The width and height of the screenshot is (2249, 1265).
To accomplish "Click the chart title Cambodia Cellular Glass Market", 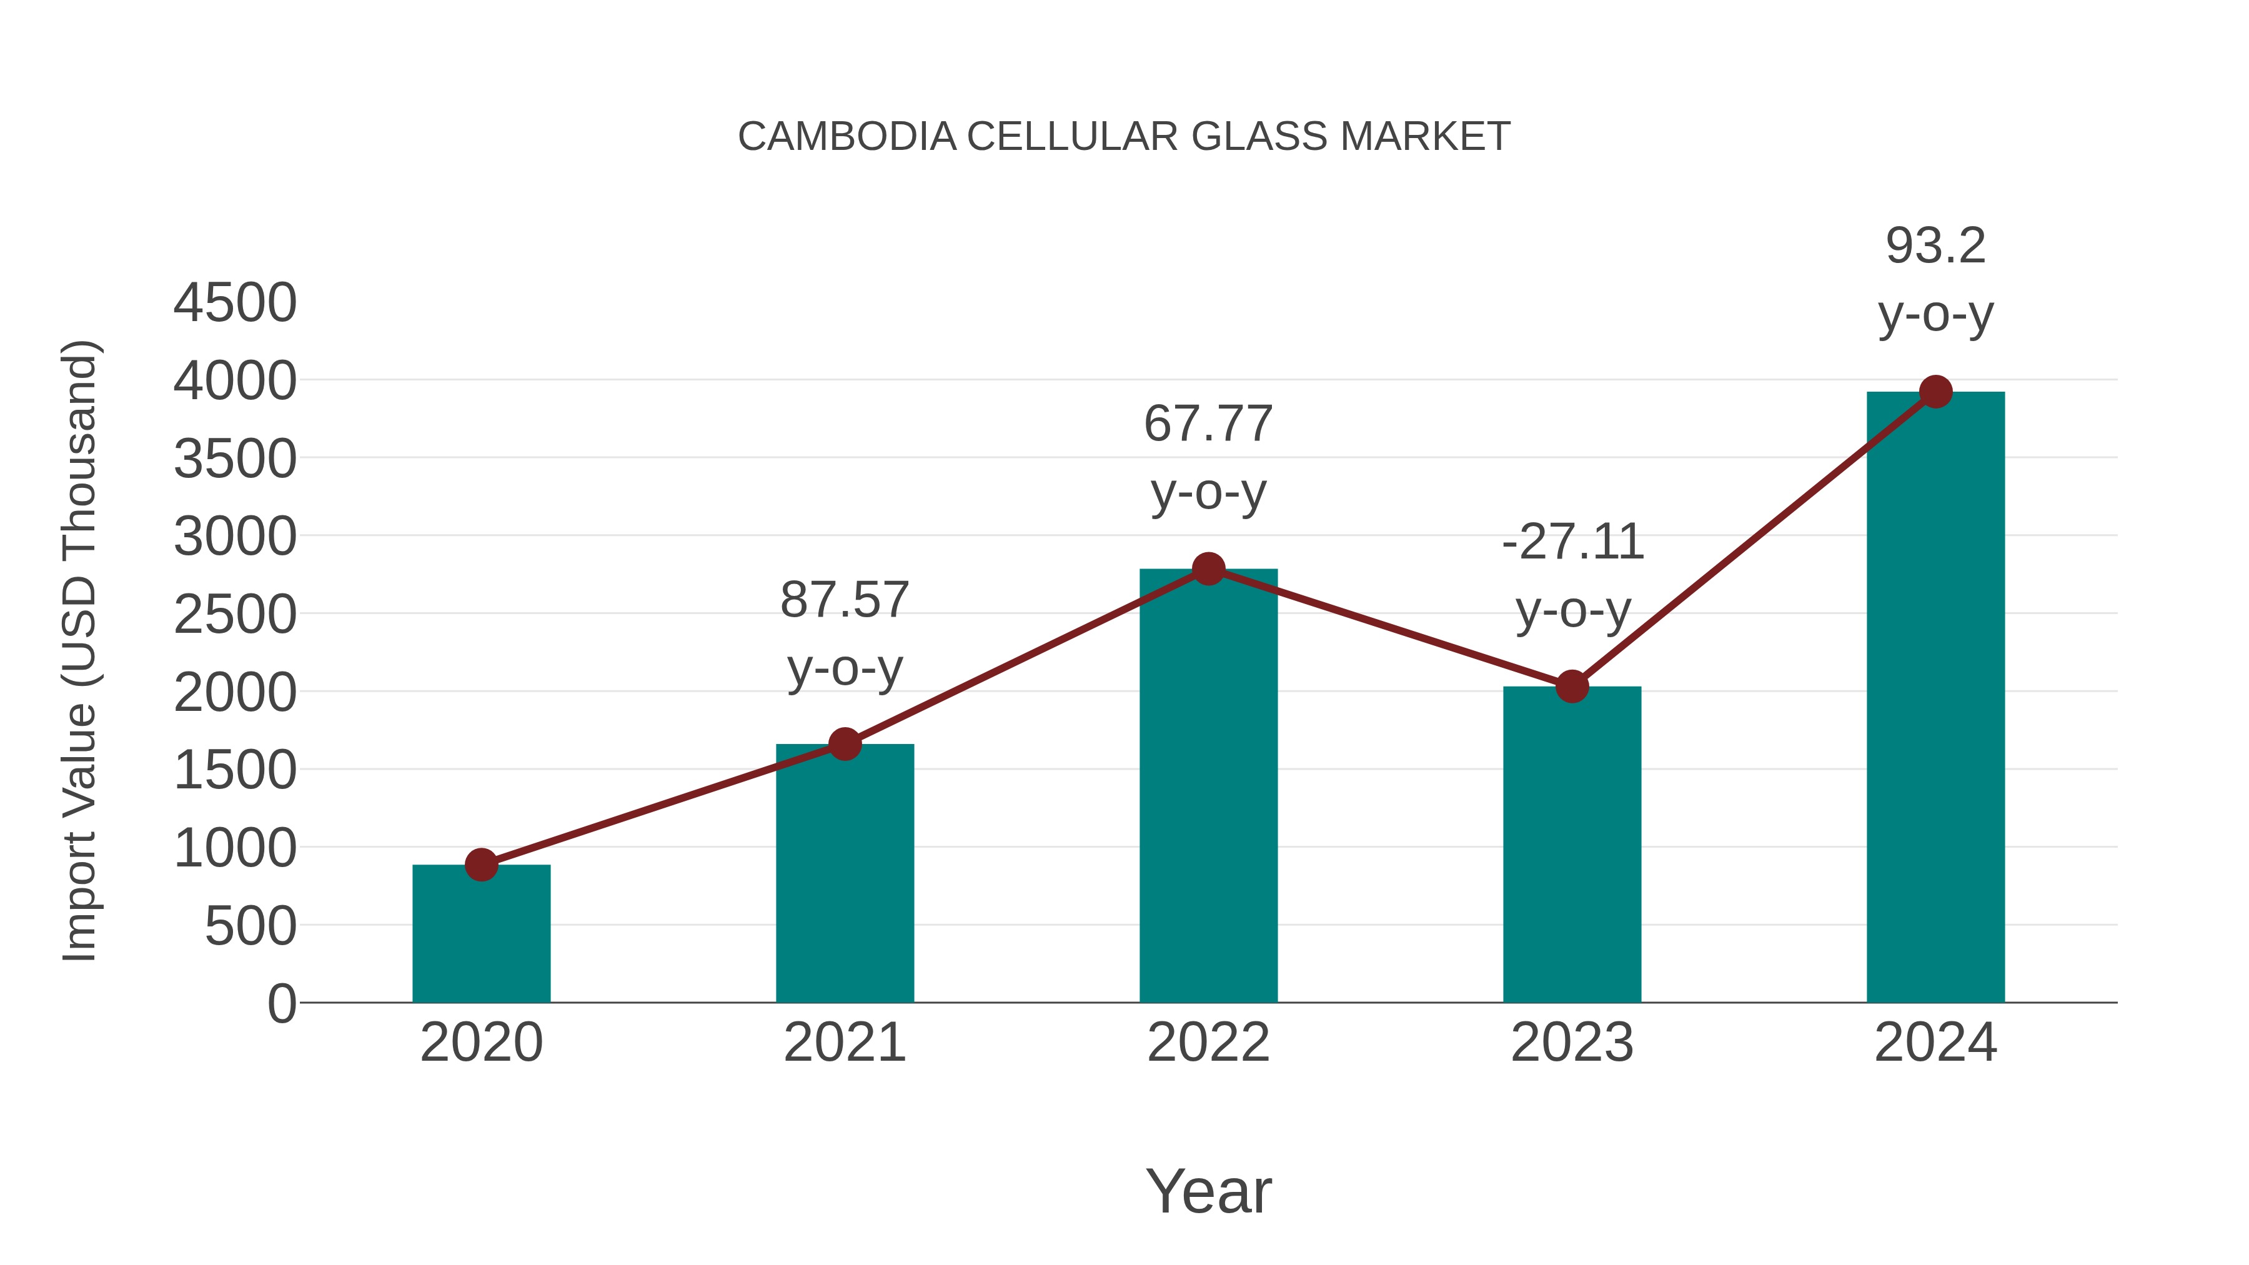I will coord(1124,137).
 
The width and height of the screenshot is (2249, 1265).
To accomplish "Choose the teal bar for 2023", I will coord(1572,847).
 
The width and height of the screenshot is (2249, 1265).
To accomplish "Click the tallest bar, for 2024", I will coord(1935,698).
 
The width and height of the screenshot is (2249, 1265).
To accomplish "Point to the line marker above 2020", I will coord(481,865).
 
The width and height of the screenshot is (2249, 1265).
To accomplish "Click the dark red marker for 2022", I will coord(1208,569).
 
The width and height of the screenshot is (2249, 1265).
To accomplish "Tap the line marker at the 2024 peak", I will coord(1935,392).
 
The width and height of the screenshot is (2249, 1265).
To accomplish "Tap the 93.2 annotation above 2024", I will coord(1935,279).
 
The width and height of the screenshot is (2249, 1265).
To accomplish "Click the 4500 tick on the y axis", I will coord(235,303).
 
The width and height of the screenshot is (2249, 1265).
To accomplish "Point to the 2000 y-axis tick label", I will coord(235,693).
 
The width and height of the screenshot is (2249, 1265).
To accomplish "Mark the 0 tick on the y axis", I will coord(281,1004).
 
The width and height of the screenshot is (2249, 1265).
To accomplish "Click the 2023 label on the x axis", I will coord(1572,1043).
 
